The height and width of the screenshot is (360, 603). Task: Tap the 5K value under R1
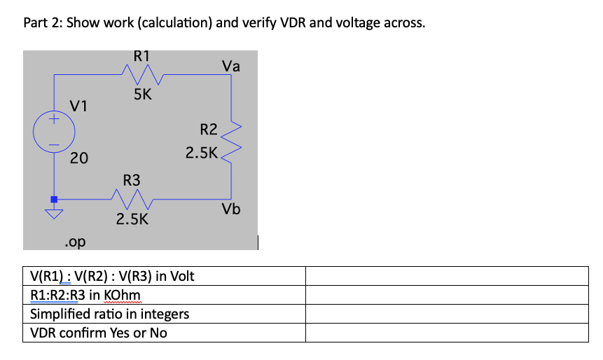tap(142, 95)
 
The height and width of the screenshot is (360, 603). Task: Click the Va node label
tap(230, 67)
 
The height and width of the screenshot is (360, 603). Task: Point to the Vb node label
tap(231, 209)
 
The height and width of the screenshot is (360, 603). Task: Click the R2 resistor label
tap(209, 130)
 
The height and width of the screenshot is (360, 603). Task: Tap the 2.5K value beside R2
tap(202, 153)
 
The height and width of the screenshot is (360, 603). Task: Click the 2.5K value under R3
tap(132, 219)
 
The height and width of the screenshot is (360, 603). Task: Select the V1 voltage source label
tap(78, 106)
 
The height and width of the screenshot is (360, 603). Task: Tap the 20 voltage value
tap(78, 158)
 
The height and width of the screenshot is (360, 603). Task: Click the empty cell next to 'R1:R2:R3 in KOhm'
tap(447, 295)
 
